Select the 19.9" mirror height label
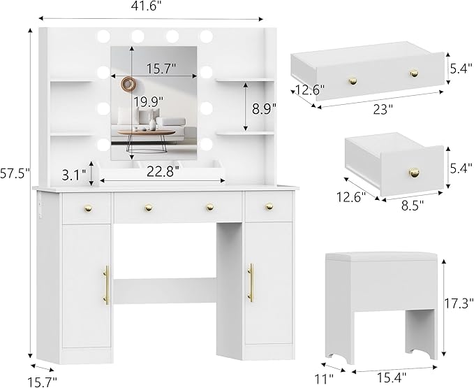coord(149,102)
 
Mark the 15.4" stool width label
coord(392,378)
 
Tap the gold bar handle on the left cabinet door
coord(107,285)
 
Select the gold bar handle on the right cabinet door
coord(251,282)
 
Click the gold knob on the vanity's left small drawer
coord(88,208)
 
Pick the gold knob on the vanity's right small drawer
coord(269,206)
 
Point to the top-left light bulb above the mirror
coord(103,36)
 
